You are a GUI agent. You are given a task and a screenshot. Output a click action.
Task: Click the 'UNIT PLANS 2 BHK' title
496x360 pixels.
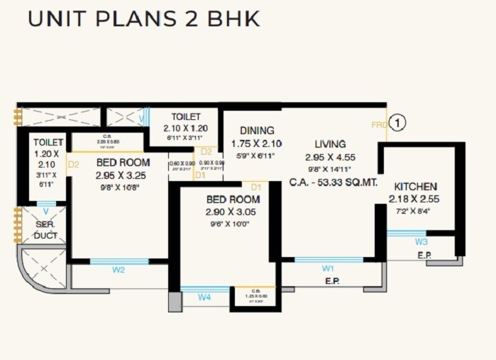[x=143, y=18]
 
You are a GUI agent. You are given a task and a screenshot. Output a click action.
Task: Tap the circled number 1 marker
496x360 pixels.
[x=399, y=123]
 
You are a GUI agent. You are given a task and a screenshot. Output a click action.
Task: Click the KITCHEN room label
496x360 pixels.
[x=416, y=186]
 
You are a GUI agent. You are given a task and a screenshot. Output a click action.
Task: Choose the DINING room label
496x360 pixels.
[x=257, y=130]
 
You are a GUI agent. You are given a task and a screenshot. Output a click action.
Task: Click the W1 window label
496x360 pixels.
[x=327, y=268]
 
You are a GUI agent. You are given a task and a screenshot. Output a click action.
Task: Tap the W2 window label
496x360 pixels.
[x=119, y=270]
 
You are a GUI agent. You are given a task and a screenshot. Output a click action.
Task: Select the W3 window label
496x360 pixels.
[x=421, y=241]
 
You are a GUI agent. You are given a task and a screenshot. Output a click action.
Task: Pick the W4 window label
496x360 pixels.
[x=204, y=298]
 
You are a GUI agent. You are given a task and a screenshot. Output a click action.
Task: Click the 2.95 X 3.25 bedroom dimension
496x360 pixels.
[x=123, y=175]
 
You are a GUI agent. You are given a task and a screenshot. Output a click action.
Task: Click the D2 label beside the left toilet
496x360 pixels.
[x=73, y=165]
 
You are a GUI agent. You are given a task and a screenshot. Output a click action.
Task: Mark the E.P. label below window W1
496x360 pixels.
[x=331, y=282]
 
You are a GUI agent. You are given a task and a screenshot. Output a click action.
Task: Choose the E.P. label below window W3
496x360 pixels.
[x=424, y=255]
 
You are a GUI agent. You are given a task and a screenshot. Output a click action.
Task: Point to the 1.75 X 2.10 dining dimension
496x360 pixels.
[x=257, y=143]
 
